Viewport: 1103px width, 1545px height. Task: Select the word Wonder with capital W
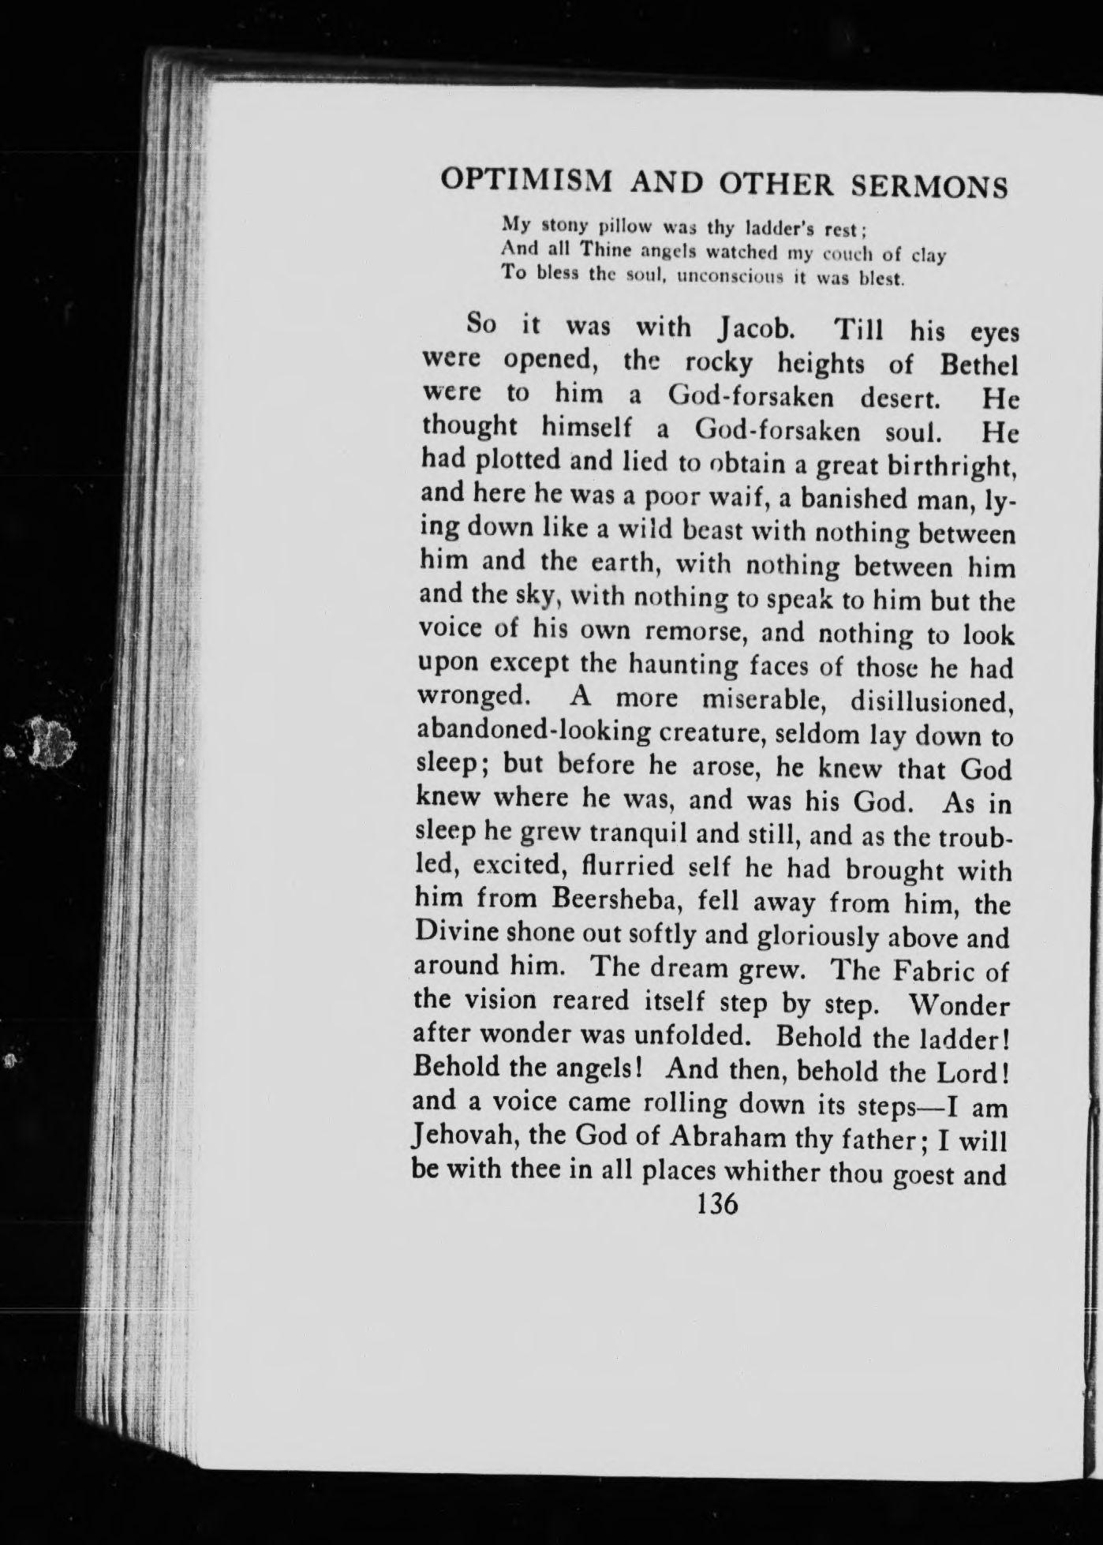(959, 1005)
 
